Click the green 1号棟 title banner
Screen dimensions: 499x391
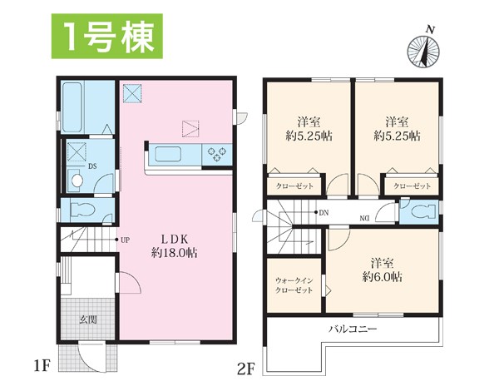(x=107, y=37)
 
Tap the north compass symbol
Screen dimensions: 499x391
(x=424, y=50)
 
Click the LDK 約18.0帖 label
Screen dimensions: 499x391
(x=175, y=246)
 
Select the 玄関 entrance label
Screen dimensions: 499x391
(x=88, y=319)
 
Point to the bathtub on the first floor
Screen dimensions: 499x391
(x=72, y=107)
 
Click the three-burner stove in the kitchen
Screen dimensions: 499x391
(x=217, y=153)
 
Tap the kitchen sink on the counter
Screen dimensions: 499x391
(x=168, y=155)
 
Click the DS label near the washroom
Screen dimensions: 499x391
(x=92, y=166)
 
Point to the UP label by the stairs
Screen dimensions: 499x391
(x=125, y=240)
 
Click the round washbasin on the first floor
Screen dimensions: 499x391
(x=77, y=181)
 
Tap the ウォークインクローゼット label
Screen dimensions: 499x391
(x=294, y=285)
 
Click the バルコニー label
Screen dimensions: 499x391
(x=353, y=329)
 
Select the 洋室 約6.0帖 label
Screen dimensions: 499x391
(x=383, y=270)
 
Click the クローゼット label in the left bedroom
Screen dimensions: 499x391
(x=294, y=186)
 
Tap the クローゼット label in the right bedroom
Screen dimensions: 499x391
(x=413, y=186)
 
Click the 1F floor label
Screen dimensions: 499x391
(x=42, y=366)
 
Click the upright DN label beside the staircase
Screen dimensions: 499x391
(x=324, y=213)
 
